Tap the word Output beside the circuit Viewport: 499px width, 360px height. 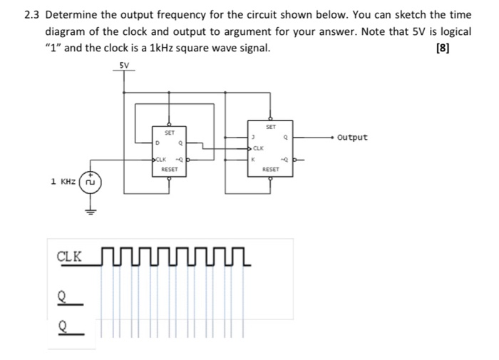point(352,137)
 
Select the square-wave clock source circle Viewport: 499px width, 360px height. point(90,182)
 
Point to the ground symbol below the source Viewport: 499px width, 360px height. point(90,210)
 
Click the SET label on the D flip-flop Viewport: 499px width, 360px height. point(170,133)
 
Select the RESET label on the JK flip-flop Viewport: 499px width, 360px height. point(270,170)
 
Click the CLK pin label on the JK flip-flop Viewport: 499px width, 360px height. point(258,148)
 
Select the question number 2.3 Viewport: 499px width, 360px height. point(32,14)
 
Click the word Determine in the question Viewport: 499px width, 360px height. point(72,14)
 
